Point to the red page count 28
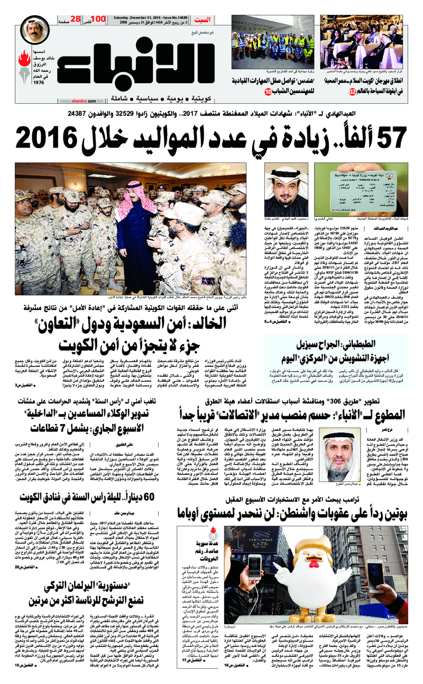tap(75, 20)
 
